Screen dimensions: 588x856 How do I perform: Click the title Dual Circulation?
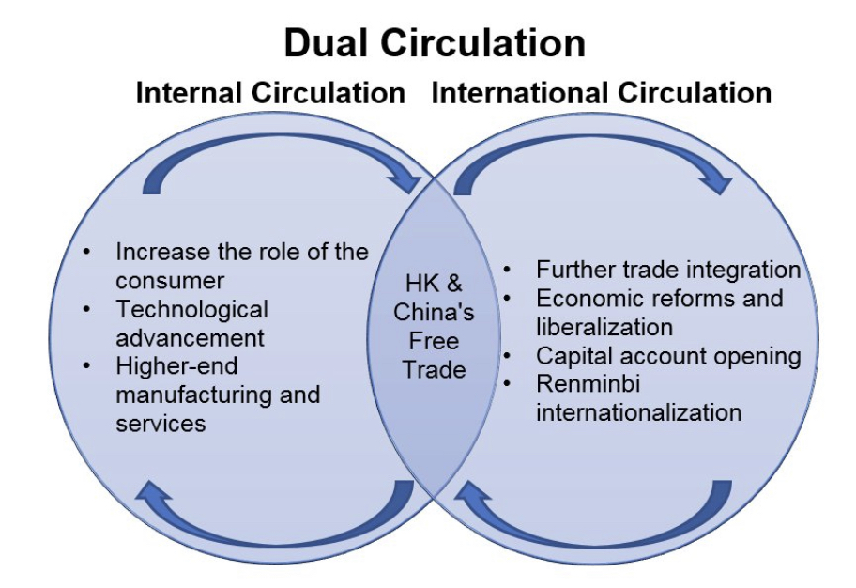435,43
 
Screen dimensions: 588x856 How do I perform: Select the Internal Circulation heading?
270,94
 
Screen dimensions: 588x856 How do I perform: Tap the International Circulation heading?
601,94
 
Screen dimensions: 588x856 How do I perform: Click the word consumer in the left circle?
170,280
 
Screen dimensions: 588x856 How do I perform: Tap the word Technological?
191,309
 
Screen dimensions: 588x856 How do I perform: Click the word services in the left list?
160,423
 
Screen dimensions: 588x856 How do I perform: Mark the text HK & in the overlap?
434,284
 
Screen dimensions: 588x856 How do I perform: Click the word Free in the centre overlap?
434,341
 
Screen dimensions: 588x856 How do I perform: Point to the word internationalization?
638,412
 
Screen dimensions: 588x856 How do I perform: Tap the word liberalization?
604,327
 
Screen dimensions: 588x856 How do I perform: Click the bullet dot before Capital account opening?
508,356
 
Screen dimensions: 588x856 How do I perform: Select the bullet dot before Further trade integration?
508,271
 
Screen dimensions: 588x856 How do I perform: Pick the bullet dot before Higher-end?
87,366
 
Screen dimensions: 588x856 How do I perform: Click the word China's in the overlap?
434,312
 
